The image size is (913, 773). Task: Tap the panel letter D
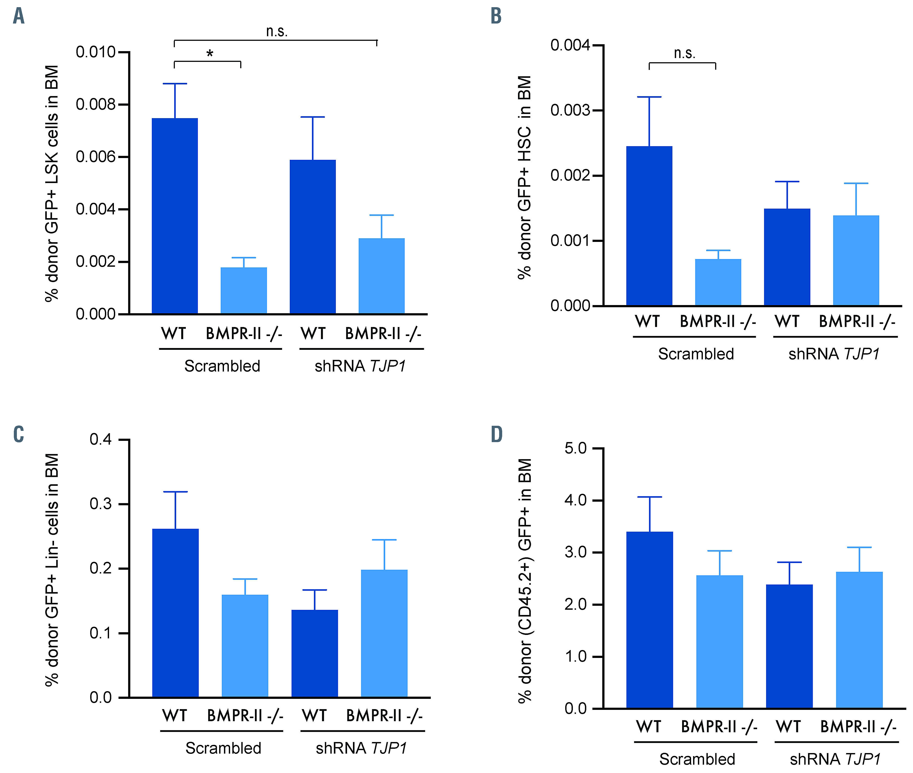[x=496, y=434]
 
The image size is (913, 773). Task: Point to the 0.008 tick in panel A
[x=95, y=104]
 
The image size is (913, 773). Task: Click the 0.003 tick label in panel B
[x=570, y=110]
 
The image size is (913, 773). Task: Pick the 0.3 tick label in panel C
[x=101, y=504]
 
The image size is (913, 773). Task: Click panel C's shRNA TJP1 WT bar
[x=314, y=653]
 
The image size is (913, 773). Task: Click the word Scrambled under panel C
[x=223, y=748]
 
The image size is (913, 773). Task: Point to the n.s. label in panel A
[x=277, y=31]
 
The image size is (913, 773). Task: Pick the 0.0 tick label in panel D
[x=576, y=709]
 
